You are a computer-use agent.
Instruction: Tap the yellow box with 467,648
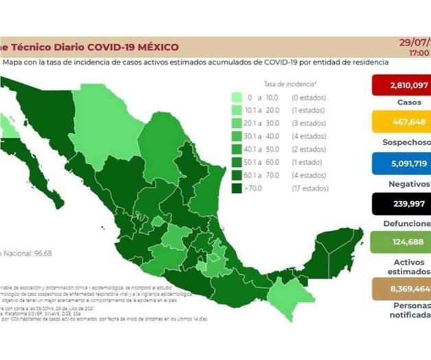coord(400,124)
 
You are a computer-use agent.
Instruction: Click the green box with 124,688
coord(400,242)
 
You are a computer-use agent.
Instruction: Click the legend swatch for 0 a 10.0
coord(237,98)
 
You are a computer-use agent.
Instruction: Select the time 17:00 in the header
coord(419,52)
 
